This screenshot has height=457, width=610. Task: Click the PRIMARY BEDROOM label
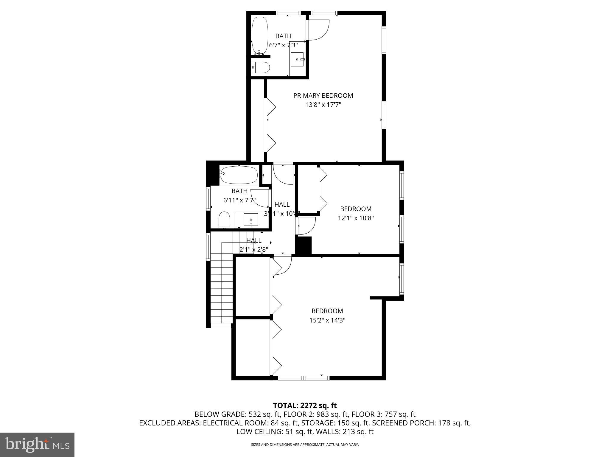pyautogui.click(x=323, y=96)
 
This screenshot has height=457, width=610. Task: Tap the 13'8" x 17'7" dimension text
pyautogui.click(x=323, y=105)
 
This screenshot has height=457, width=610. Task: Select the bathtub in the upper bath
pyautogui.click(x=260, y=35)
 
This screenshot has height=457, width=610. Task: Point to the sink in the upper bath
pyautogui.click(x=297, y=60)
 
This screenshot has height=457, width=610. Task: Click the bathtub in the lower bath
pyautogui.click(x=239, y=175)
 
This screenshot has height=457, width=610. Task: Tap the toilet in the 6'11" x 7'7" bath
pyautogui.click(x=224, y=220)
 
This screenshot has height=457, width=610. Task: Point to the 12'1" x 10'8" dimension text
pyautogui.click(x=356, y=218)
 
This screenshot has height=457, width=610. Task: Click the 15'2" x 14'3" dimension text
pyautogui.click(x=327, y=320)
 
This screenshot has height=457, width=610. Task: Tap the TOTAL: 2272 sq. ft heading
pyautogui.click(x=305, y=406)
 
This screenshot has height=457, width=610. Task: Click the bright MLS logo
pyautogui.click(x=37, y=445)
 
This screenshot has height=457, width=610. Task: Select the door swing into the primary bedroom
pyautogui.click(x=318, y=30)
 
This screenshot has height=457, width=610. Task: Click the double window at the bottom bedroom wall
pyautogui.click(x=304, y=378)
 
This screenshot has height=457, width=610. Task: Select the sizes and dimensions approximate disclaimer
pyautogui.click(x=305, y=445)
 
